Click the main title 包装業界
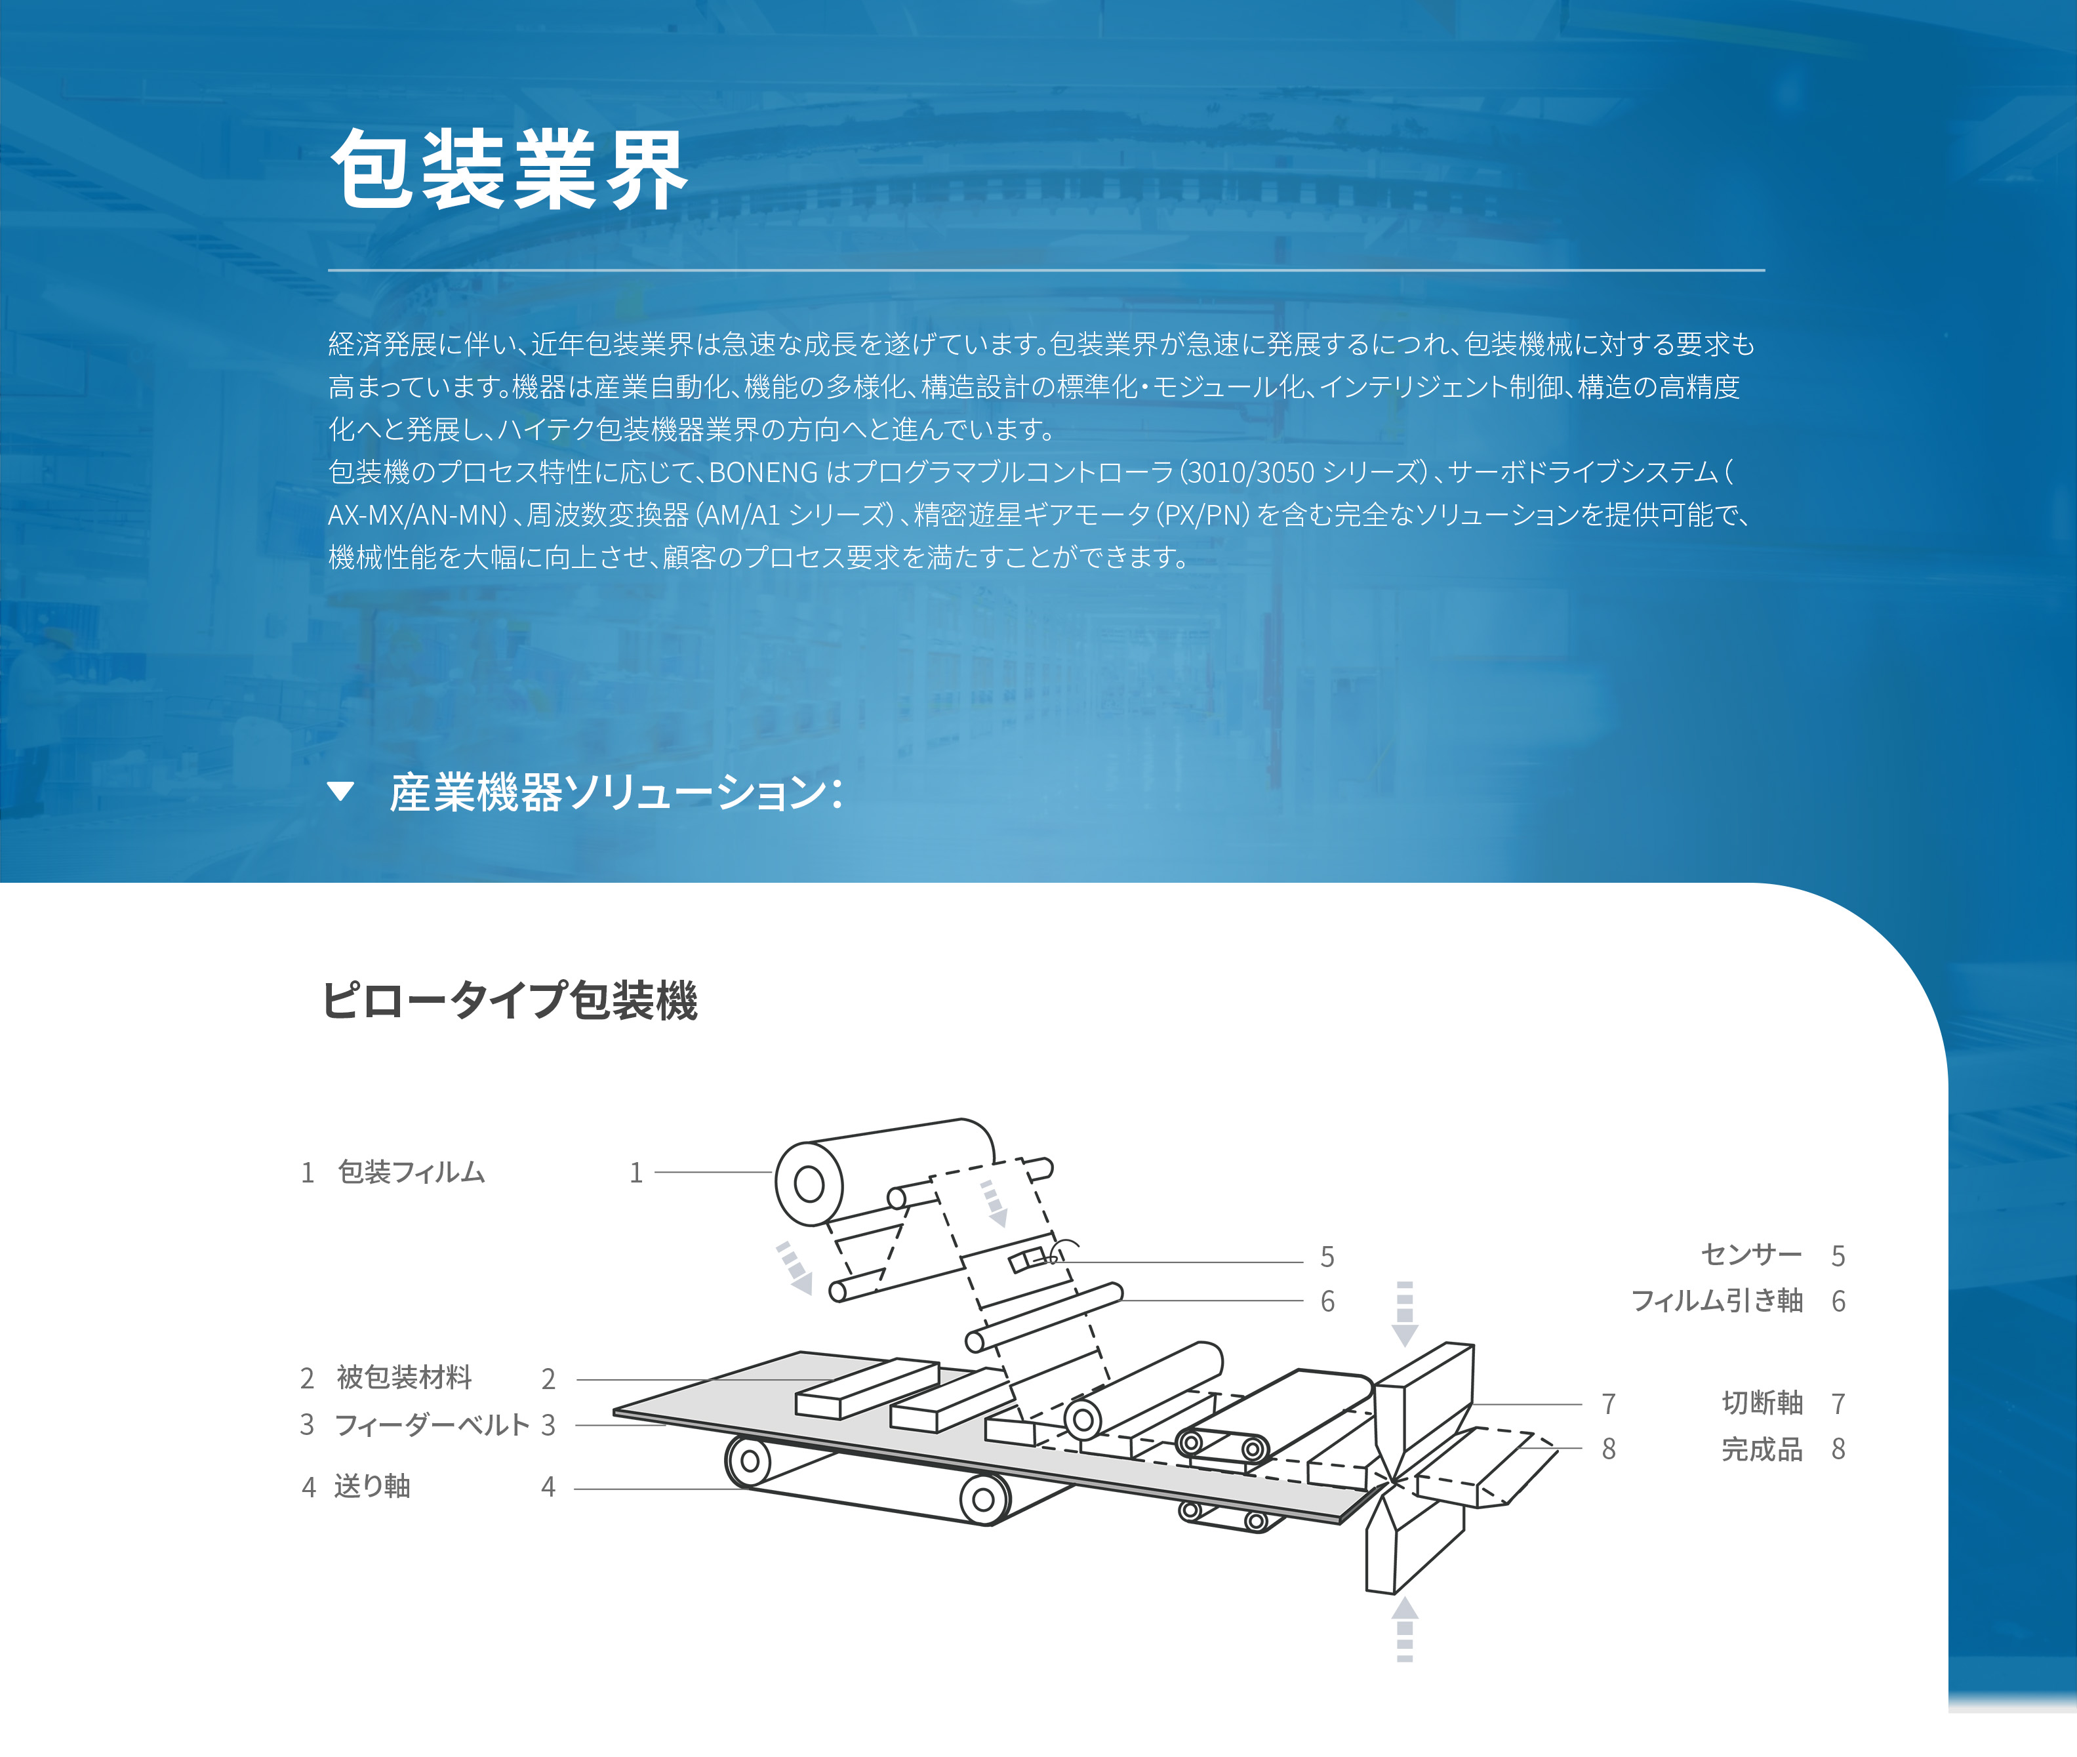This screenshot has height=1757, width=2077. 509,169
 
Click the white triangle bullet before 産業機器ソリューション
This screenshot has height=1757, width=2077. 340,792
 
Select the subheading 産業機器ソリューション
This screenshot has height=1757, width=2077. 616,793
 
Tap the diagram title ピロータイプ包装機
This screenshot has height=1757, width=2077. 509,1000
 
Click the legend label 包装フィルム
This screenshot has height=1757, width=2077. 411,1173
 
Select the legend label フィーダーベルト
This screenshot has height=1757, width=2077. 432,1424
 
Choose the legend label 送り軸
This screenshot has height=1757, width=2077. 373,1486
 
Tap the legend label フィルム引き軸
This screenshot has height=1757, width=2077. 1716,1301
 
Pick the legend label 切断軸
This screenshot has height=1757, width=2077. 1762,1402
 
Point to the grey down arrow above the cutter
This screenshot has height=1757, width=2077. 1405,1314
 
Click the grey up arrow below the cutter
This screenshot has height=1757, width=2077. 1405,1630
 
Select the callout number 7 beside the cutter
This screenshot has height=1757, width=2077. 1609,1404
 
